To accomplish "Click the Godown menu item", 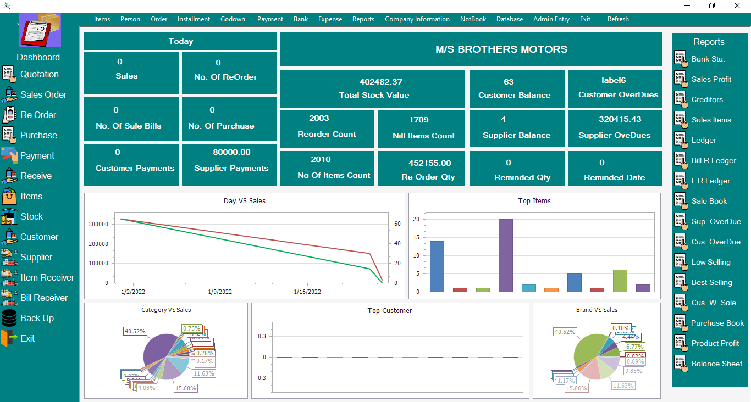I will click(x=233, y=19).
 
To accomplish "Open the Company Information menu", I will click(x=417, y=19).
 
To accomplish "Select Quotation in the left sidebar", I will click(x=39, y=75).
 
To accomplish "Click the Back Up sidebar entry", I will click(x=37, y=319).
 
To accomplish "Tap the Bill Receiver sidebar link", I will click(x=44, y=298).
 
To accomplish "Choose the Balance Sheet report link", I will click(x=716, y=364).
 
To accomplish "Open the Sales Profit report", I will click(x=711, y=79).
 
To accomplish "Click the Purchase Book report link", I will click(x=717, y=323).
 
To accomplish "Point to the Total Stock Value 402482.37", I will click(x=373, y=82).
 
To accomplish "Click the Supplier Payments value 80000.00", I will click(x=231, y=152).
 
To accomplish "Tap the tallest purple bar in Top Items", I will click(x=505, y=255).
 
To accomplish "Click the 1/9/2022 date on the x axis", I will click(x=220, y=292).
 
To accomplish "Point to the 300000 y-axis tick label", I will click(x=98, y=225).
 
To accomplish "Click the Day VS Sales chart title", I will click(x=244, y=201).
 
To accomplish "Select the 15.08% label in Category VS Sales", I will click(x=186, y=388).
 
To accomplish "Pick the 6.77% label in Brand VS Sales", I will click(x=634, y=347).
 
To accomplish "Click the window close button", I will click(x=737, y=5).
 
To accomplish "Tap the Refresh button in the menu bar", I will click(x=618, y=19).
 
